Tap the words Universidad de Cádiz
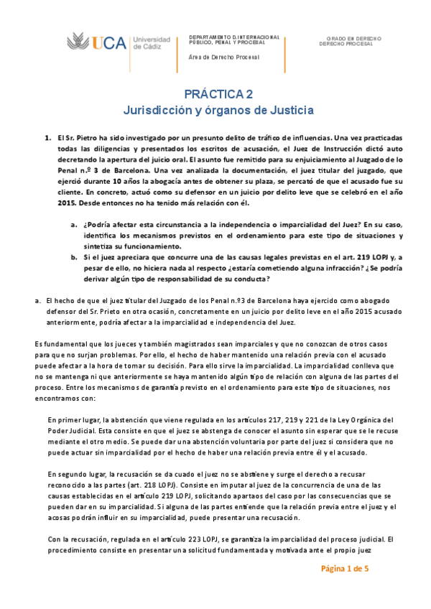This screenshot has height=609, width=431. (152, 42)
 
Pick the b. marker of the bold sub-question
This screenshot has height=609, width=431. (75, 256)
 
